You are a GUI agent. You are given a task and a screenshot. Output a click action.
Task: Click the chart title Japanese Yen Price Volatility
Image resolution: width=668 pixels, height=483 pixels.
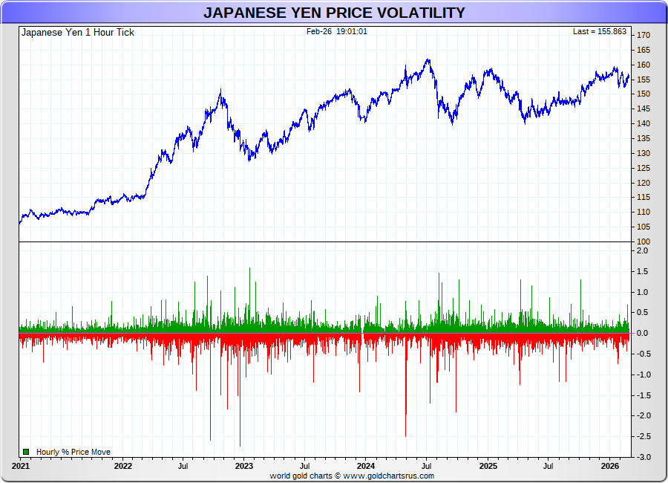[x=334, y=13]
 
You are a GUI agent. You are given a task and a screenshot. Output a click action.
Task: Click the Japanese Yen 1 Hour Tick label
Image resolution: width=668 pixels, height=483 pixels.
[x=78, y=33]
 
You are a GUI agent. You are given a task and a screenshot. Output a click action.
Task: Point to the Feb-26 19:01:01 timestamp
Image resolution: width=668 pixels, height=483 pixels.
[x=336, y=31]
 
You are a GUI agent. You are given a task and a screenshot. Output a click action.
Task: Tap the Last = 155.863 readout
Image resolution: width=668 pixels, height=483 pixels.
[x=600, y=32]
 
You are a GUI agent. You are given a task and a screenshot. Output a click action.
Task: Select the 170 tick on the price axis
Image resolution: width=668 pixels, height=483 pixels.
[x=643, y=36]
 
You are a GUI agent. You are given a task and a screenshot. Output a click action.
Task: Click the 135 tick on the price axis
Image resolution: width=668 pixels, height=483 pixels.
[x=643, y=139]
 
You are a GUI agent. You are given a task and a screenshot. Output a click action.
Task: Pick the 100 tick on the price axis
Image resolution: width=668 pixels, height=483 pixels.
[x=643, y=242]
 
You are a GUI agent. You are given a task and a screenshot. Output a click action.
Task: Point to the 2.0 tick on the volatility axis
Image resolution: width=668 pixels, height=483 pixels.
[x=643, y=251]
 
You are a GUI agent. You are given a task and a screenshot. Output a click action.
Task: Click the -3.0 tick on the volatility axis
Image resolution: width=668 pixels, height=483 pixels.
[x=643, y=457]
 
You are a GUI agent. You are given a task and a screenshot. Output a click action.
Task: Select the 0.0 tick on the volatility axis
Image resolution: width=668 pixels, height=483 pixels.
[x=643, y=334]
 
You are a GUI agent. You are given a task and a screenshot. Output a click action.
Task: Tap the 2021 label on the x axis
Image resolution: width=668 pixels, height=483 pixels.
[x=21, y=466]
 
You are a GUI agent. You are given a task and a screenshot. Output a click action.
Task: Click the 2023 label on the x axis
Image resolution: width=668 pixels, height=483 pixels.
[x=243, y=466]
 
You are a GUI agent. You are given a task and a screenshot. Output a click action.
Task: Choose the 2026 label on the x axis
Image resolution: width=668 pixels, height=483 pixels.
[x=609, y=466]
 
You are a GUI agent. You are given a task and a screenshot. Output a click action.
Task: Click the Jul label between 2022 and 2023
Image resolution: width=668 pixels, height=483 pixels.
[x=183, y=466]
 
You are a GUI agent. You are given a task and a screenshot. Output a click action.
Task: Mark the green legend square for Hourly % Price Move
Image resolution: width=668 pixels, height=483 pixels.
[x=26, y=452]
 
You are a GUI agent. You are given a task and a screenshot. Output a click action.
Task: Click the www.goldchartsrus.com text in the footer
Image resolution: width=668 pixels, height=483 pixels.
[x=388, y=476]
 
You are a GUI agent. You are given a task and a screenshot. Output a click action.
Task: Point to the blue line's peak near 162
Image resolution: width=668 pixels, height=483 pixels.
[x=428, y=60]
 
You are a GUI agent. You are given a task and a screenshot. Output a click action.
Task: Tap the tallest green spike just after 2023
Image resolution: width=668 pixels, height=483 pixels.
[x=249, y=269]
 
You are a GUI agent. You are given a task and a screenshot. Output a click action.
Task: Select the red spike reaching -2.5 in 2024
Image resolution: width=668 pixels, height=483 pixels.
[x=405, y=435]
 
